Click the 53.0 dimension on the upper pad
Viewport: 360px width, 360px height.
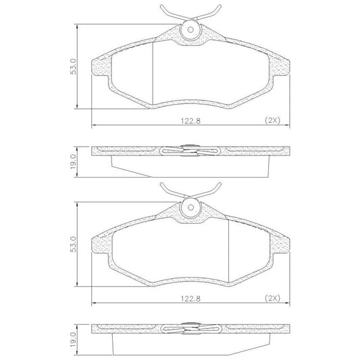[x=73, y=66]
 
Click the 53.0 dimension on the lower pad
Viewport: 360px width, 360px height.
[x=73, y=245]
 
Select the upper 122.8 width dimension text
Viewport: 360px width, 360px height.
[x=190, y=121]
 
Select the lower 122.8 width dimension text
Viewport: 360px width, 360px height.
[x=190, y=299]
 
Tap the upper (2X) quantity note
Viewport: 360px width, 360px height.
[x=272, y=120]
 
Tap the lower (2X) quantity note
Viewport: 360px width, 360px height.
[x=272, y=299]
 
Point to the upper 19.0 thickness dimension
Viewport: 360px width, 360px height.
[x=73, y=162]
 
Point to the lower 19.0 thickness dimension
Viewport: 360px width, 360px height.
[x=73, y=340]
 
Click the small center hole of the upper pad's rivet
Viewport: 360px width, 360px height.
[x=190, y=30]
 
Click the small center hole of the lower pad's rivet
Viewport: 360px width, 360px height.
[x=190, y=207]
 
